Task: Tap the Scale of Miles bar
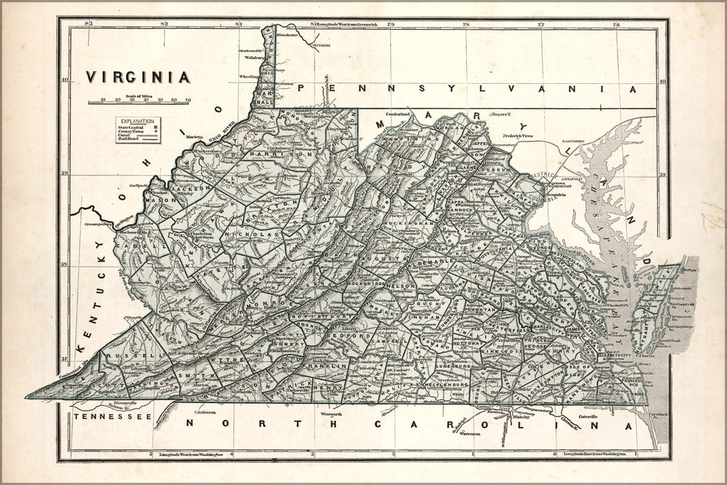(140, 102)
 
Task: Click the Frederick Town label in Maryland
(520, 137)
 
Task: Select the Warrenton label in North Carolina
(471, 434)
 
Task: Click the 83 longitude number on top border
(87, 24)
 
